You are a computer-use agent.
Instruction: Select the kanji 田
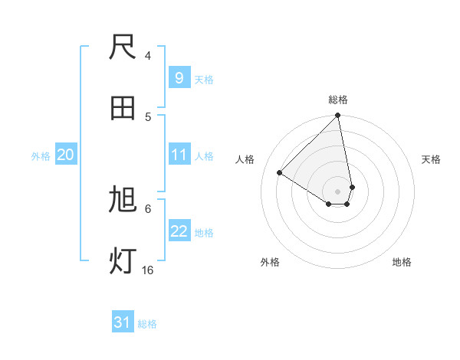(123, 108)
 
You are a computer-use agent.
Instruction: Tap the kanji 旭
(123, 201)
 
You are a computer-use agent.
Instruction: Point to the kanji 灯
(123, 261)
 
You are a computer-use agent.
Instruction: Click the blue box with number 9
(179, 77)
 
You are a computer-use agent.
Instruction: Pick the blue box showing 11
(179, 155)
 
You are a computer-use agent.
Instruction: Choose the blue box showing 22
(179, 231)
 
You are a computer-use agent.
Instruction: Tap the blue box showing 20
(65, 155)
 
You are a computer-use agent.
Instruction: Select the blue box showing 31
(123, 323)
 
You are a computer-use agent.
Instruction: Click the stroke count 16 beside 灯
(148, 270)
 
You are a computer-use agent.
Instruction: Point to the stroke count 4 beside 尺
(148, 56)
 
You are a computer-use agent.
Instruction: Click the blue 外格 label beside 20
(41, 155)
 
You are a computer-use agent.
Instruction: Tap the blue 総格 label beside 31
(147, 324)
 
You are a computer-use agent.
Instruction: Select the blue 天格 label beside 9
(204, 79)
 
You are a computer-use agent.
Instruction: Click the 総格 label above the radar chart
(338, 100)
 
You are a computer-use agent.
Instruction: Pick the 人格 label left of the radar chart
(245, 159)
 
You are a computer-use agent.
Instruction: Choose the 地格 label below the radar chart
(402, 262)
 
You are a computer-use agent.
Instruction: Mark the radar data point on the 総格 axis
(338, 116)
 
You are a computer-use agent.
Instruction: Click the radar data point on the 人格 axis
(280, 172)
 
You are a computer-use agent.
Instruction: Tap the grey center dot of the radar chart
(337, 191)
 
